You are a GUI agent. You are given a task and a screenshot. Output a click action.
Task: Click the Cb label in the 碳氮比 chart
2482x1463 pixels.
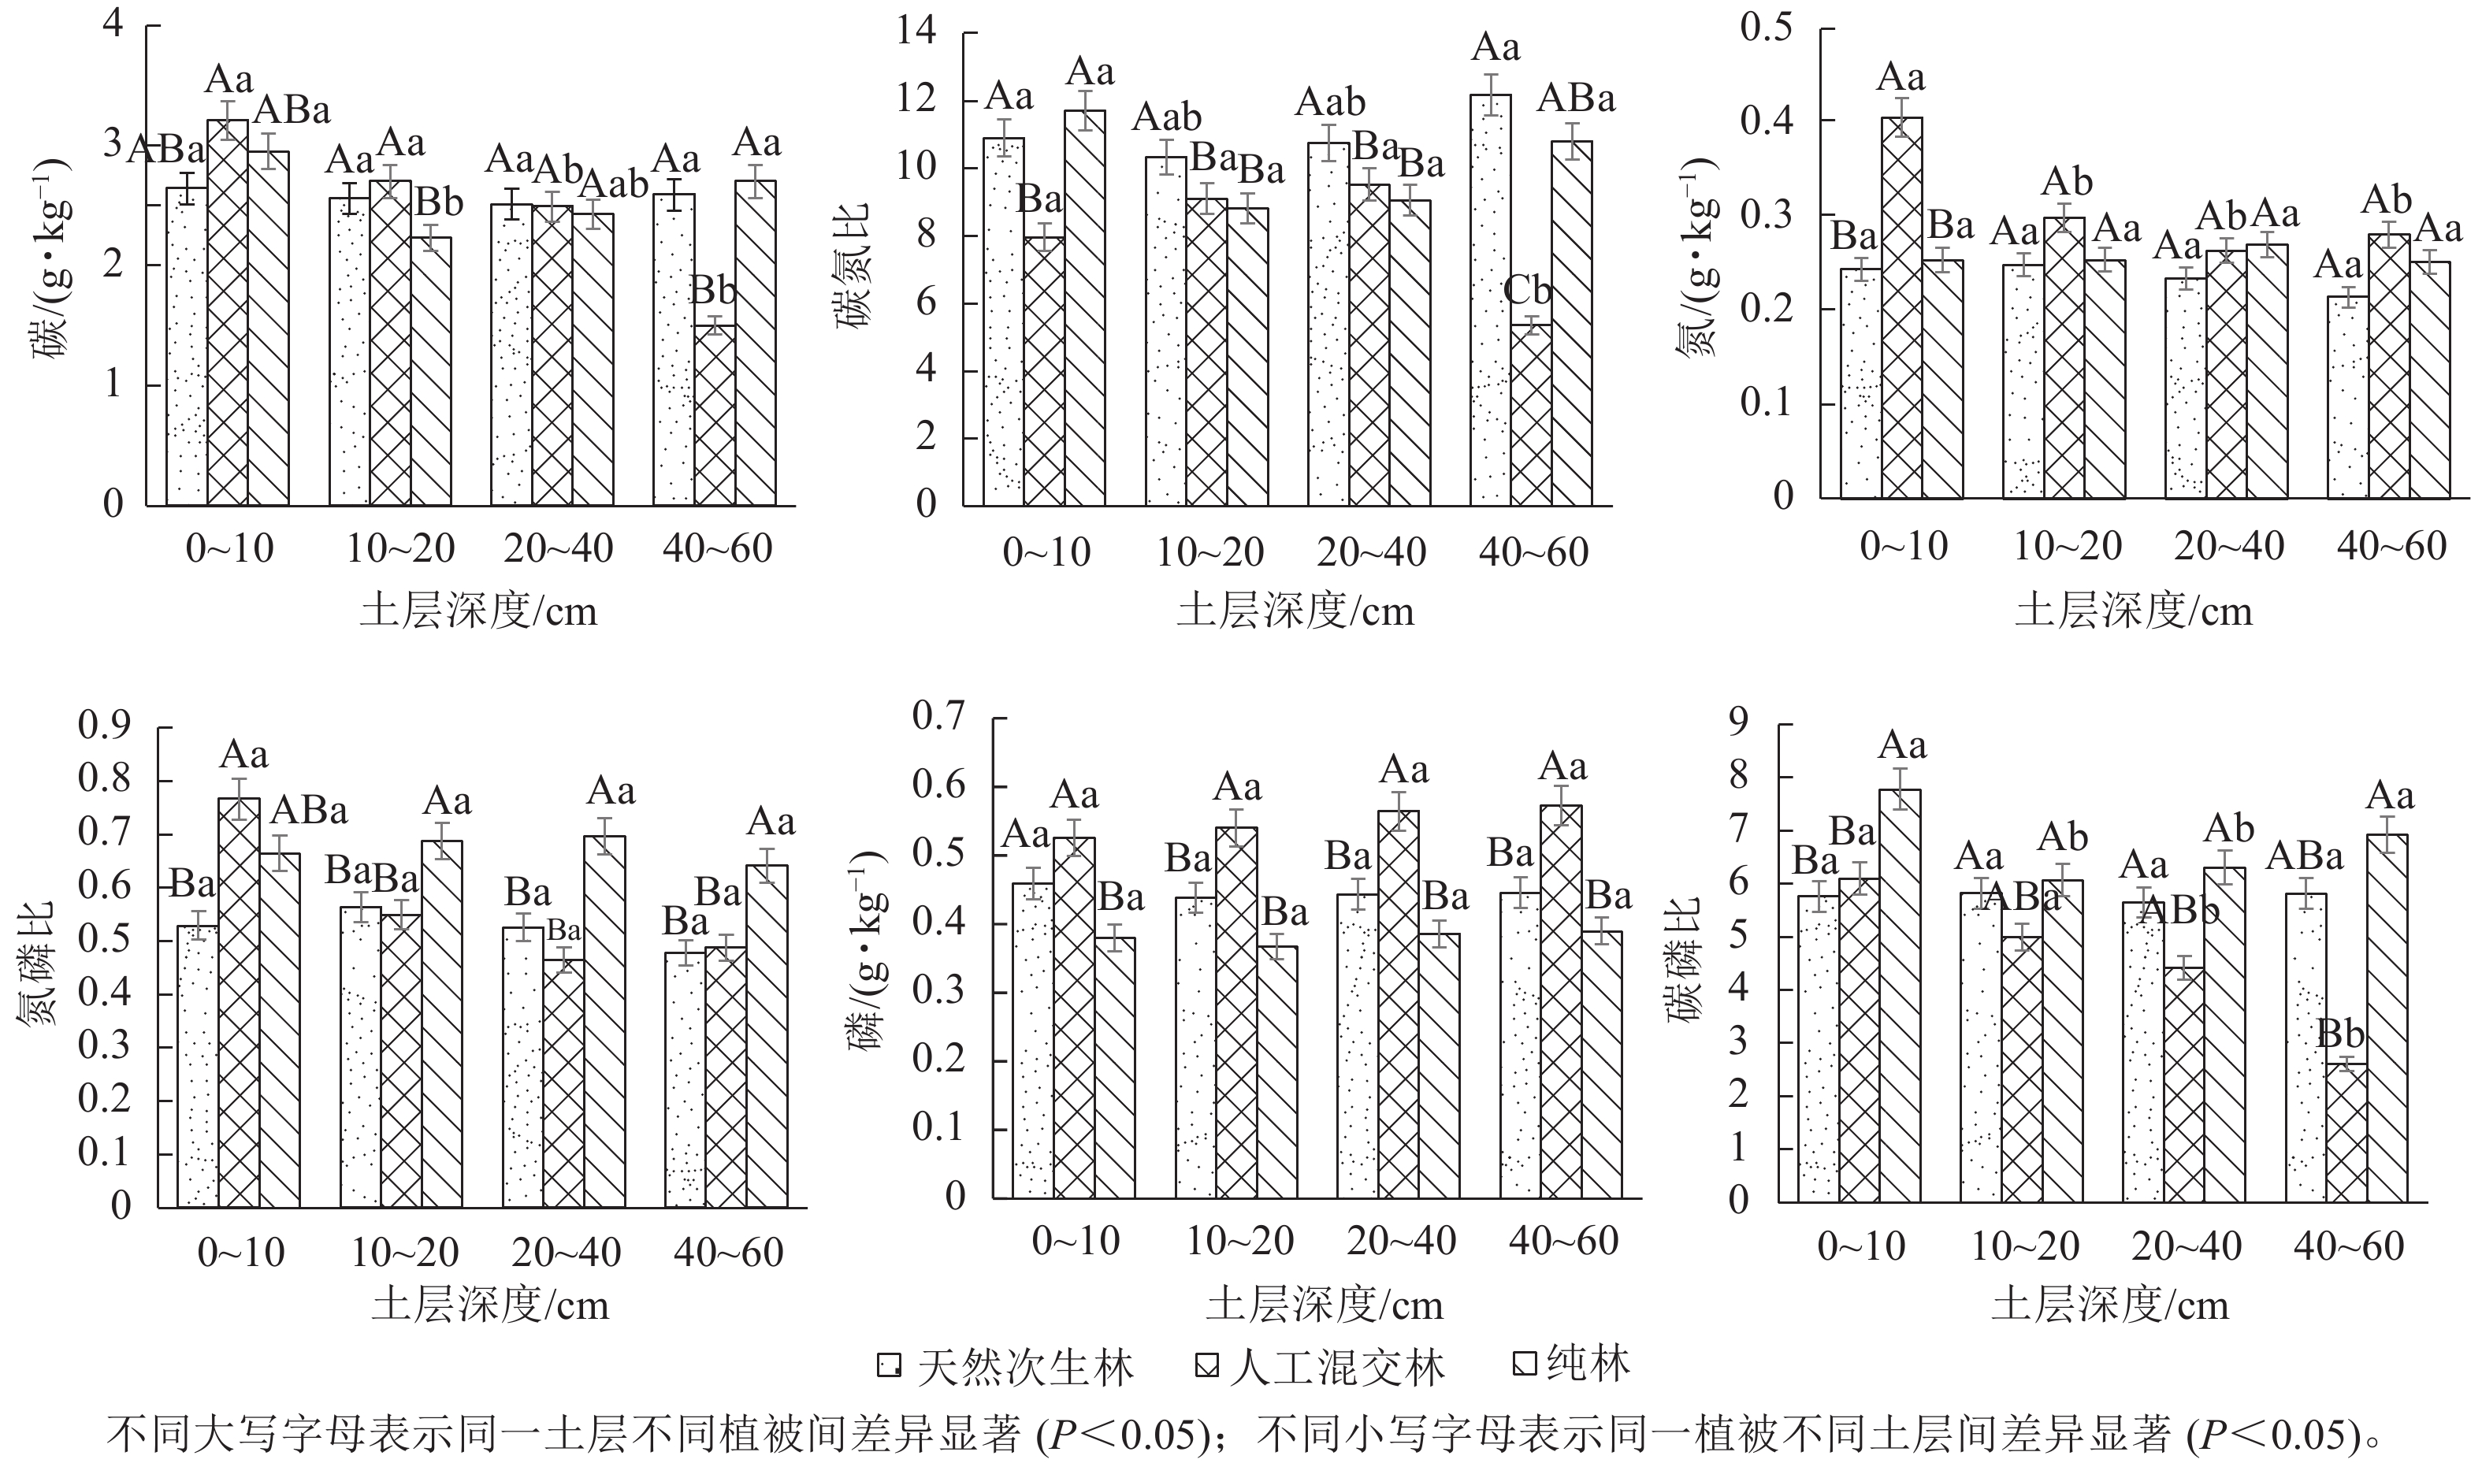pos(1527,291)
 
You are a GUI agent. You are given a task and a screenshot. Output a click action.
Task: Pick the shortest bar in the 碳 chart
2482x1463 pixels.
pos(714,414)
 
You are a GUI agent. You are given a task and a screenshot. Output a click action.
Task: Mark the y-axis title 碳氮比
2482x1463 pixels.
pos(853,266)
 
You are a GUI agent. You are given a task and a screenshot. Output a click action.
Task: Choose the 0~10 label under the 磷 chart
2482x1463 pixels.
pos(1076,1241)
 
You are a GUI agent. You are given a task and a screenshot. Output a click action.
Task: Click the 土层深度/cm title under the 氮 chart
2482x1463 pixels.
pos(2133,612)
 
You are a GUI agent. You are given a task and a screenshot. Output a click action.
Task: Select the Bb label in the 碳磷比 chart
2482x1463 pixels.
pos(2340,1034)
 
